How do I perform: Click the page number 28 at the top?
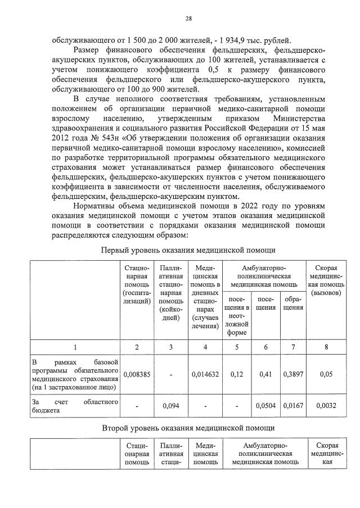189,19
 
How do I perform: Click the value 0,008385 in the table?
137,373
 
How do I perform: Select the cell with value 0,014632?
205,373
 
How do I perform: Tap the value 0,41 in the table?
266,373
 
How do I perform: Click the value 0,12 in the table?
237,373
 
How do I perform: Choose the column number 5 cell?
237,347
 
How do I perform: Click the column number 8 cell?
326,347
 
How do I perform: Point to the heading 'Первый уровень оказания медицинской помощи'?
188,250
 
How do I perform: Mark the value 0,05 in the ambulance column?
326,373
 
